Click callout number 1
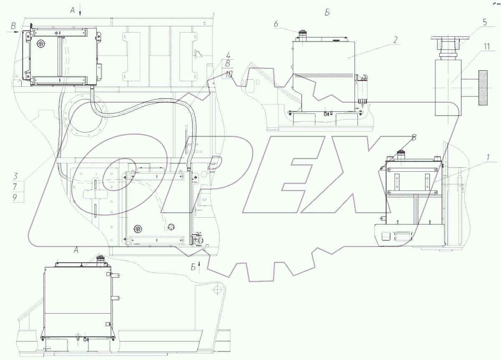coord(488,157)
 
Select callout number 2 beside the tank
coord(395,40)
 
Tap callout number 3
coord(15,176)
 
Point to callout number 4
coord(228,55)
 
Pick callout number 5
coord(484,22)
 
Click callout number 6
coord(276,24)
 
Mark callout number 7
coord(15,186)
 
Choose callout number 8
coord(228,63)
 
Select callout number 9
coord(15,198)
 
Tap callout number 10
coord(229,74)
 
